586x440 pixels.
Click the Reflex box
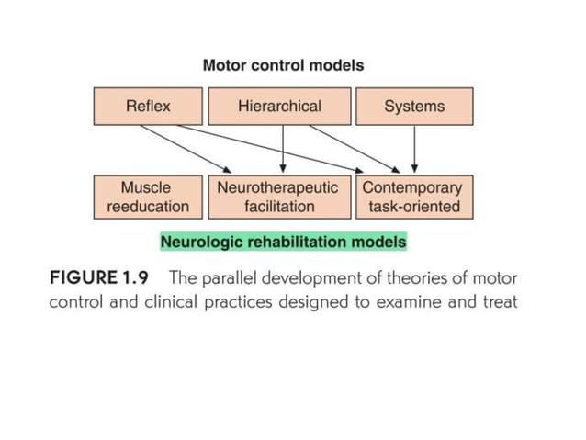click(x=148, y=107)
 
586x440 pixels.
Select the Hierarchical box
click(x=279, y=107)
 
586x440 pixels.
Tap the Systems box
click(x=413, y=107)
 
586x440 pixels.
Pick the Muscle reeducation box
click(x=148, y=197)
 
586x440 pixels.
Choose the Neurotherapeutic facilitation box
click(x=279, y=197)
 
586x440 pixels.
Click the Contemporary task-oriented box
click(x=413, y=197)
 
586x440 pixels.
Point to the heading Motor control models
click(x=283, y=65)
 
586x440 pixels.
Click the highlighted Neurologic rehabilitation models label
click(x=283, y=243)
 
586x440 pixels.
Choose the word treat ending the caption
click(x=500, y=303)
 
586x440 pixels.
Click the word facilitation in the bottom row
click(x=279, y=207)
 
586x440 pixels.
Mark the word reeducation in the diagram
click(x=148, y=207)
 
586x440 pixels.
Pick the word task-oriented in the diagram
click(x=414, y=207)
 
